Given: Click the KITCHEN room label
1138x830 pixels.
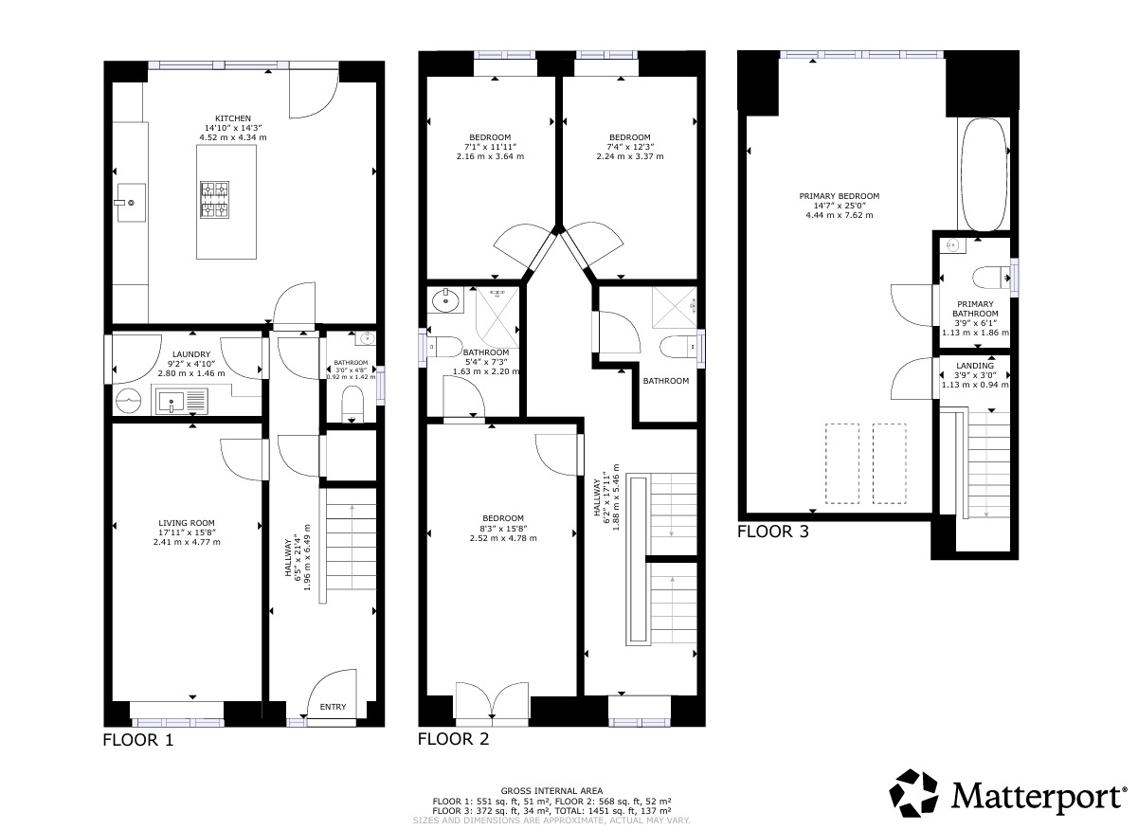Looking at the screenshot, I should coord(232,118).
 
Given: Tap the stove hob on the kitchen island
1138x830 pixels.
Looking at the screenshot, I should coord(214,200).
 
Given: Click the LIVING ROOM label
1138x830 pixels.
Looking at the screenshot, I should coord(187,522).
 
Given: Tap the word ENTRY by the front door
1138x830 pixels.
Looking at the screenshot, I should coord(333,707).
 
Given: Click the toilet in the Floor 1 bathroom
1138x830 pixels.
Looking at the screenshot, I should coord(352,400).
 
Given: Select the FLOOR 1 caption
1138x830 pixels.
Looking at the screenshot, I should coord(138,740).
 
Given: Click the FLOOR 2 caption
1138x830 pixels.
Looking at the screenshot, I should coord(453,740).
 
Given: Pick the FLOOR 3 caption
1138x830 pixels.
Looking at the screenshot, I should coord(773,532).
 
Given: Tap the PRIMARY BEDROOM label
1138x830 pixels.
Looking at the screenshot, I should coord(832,196).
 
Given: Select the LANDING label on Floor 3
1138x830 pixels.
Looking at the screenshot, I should coord(975,366).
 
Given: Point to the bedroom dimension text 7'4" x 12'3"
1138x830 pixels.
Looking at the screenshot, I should coord(629,147).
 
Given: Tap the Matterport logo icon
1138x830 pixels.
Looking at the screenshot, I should coord(916,794).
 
